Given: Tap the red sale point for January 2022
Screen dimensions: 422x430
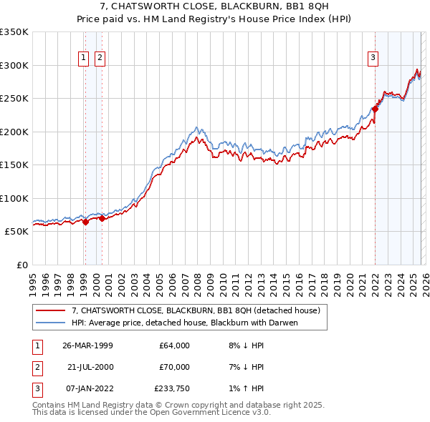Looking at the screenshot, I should pos(375,109).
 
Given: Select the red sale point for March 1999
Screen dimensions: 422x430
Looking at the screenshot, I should pos(86,222).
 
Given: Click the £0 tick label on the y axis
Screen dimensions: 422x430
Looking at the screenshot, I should pos(21,265).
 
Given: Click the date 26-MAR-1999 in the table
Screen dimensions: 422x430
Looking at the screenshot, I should pos(87,345).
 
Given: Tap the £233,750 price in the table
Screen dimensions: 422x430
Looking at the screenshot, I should pos(172,388).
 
